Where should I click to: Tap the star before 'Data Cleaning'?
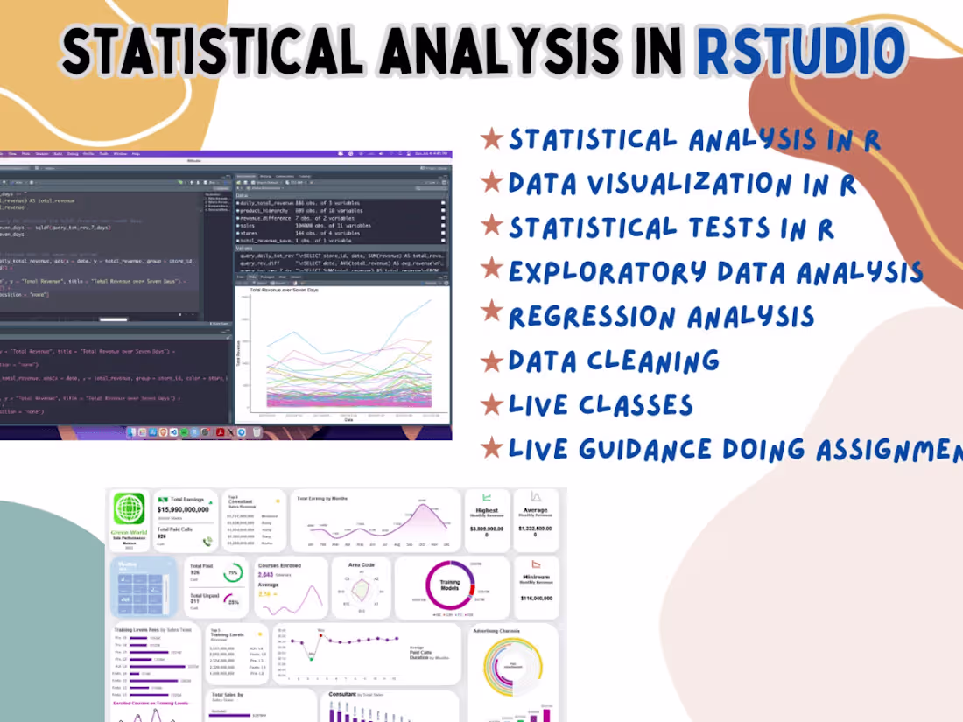point(493,361)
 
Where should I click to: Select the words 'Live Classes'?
point(601,404)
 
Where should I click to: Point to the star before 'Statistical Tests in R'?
point(493,228)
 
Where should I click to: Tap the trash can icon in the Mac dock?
point(256,431)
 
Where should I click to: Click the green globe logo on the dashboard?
point(129,509)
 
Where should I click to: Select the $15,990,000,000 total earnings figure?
point(183,508)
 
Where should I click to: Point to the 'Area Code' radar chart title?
point(361,565)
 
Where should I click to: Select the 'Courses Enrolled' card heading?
point(279,565)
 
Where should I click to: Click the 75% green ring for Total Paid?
point(233,575)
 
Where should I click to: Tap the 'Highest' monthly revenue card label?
point(487,510)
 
